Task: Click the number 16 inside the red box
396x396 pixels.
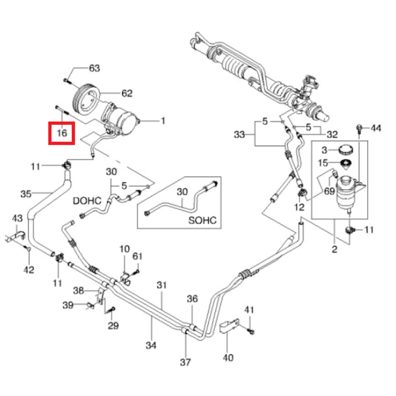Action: pos(62,133)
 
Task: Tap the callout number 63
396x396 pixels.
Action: pos(94,69)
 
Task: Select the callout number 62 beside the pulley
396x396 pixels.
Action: pos(127,94)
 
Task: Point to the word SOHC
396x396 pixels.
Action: pos(203,221)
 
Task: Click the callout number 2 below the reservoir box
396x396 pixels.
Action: pos(334,249)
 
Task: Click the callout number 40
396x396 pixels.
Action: pos(228,358)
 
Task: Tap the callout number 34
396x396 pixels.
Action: pos(151,345)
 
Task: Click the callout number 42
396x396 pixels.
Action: pos(29,270)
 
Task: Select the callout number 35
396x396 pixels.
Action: pos(26,194)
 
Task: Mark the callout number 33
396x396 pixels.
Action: pos(239,135)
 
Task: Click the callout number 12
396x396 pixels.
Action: pos(299,207)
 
